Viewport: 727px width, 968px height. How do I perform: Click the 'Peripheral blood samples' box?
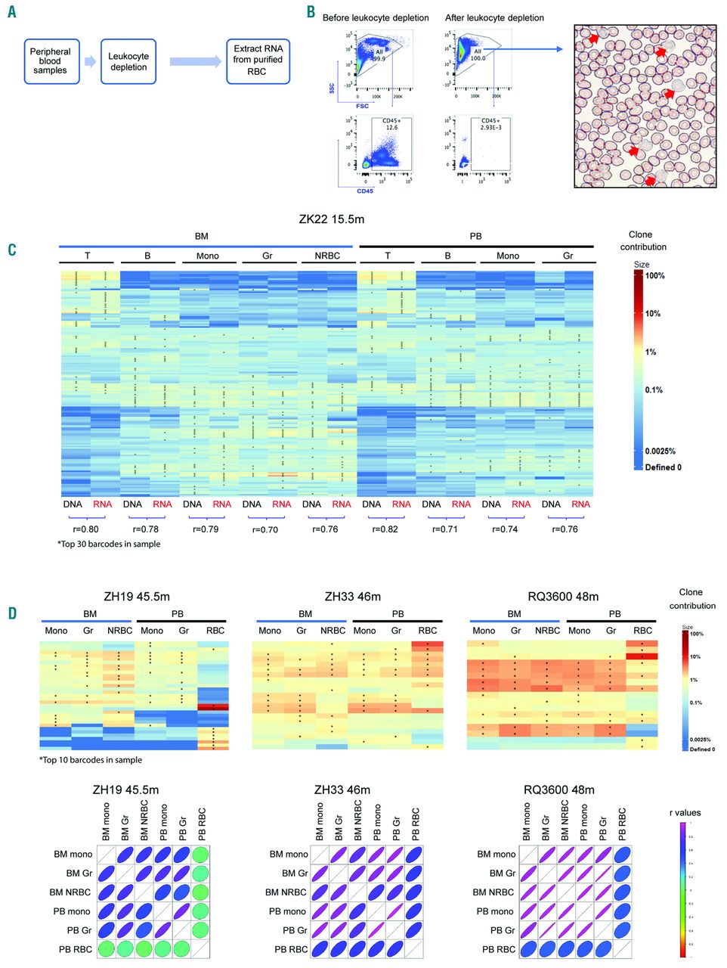coord(51,61)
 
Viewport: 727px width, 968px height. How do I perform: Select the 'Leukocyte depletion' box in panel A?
coord(128,61)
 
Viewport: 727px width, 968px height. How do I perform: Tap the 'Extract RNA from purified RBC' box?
coord(258,60)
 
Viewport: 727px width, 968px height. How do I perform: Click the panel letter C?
coord(12,250)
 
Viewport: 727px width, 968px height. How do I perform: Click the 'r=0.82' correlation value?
coord(385,529)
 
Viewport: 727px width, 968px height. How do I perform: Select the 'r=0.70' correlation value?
coord(265,529)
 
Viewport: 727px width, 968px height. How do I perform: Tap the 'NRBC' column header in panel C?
coord(327,256)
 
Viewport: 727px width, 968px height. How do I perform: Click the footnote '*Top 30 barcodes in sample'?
coord(109,544)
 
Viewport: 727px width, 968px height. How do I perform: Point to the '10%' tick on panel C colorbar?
coord(653,314)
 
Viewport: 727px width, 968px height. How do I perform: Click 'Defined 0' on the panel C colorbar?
coord(663,467)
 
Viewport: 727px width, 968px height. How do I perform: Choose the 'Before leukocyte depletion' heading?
coord(376,18)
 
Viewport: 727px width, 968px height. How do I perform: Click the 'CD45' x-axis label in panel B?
coord(365,191)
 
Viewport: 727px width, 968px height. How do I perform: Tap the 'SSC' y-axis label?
coord(332,88)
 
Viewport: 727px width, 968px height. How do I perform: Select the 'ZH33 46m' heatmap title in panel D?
coord(352,597)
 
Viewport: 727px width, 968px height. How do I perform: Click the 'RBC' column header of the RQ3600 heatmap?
coord(642,631)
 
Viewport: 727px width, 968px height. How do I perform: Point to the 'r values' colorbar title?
coord(685,813)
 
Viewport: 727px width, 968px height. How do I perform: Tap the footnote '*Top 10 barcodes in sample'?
coord(91,760)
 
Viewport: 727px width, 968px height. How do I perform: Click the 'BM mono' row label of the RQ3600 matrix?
coord(496,855)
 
